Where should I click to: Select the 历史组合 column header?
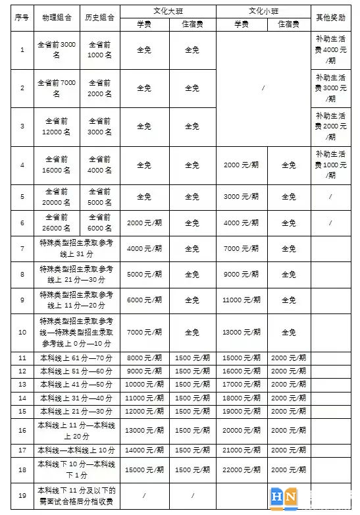click(x=100, y=17)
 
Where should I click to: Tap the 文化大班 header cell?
click(x=168, y=11)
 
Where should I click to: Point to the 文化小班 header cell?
click(x=263, y=11)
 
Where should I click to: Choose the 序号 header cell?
click(x=22, y=17)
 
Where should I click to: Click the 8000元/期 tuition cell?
click(x=143, y=358)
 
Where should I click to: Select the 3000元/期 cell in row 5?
click(x=242, y=196)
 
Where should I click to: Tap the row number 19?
click(x=22, y=495)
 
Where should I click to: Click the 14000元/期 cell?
click(x=143, y=450)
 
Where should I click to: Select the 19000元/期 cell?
click(x=242, y=411)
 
